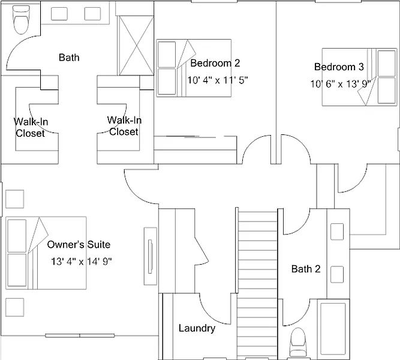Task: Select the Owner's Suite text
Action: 79,245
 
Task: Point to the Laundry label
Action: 197,328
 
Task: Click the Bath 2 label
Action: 306,269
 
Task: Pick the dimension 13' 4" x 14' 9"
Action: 82,261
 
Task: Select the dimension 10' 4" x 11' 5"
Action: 218,79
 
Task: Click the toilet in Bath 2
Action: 298,344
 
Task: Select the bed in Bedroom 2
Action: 193,68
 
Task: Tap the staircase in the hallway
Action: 257,282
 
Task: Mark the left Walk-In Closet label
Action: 31,128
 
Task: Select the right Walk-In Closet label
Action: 124,126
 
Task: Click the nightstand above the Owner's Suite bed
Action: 14,199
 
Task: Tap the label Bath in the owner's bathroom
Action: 69,58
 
